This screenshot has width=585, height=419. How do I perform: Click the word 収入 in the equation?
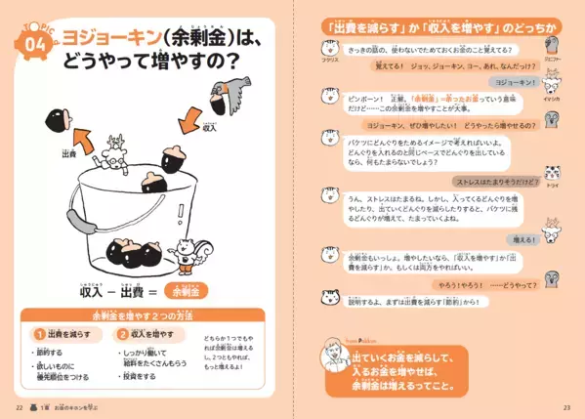(93, 291)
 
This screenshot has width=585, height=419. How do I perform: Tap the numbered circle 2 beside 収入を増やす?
(123, 334)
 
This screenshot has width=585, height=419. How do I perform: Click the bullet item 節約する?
(50, 352)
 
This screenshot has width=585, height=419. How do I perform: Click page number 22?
(19, 405)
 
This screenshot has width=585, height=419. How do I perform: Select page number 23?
(565, 405)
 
